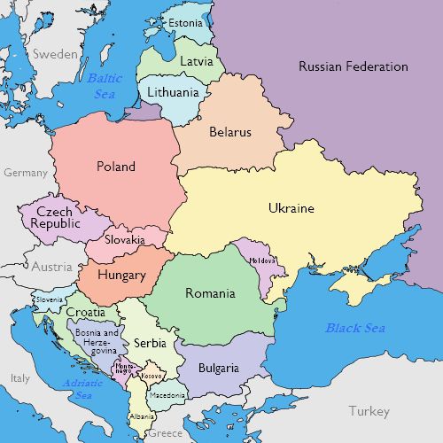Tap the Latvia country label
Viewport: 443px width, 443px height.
coord(196,62)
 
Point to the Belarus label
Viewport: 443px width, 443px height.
coord(230,132)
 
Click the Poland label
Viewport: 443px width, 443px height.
coord(116,166)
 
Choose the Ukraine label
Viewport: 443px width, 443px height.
coord(291,208)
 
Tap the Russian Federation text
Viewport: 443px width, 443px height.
coord(353,66)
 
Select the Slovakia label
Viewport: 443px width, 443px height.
coord(125,239)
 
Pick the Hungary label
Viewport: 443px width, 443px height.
coord(121,275)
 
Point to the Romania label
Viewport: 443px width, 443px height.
coord(210,293)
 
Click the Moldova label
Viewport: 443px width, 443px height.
coord(263,260)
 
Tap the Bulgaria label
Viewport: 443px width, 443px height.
coord(218,367)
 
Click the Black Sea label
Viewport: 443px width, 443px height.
coord(355,328)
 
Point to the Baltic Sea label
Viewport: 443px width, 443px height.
coord(105,86)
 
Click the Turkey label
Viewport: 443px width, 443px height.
coord(369,411)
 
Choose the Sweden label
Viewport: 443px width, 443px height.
coord(55,53)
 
